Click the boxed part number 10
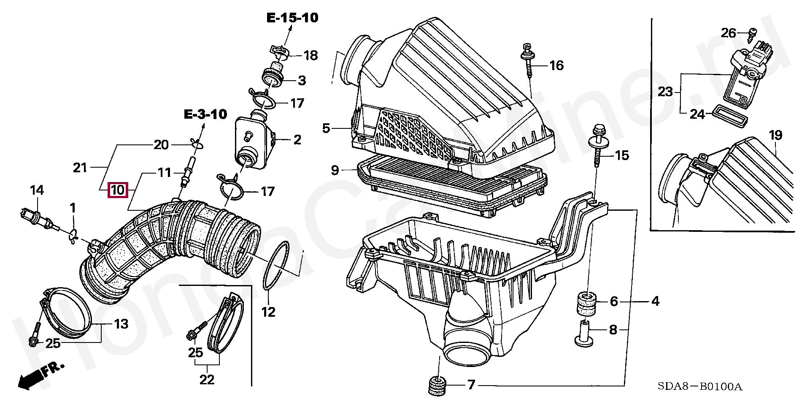[118, 190]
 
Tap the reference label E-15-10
[292, 18]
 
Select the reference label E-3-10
[205, 114]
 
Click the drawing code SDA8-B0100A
[699, 386]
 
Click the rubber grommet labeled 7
[437, 386]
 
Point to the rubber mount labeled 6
[586, 303]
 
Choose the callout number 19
[775, 136]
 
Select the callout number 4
[655, 301]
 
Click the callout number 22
[207, 379]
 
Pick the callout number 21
[80, 168]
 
